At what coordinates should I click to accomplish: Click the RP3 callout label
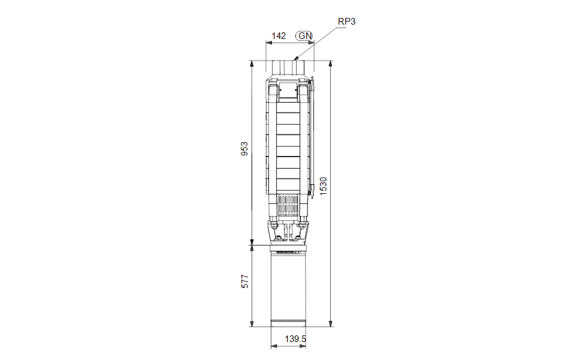pos(346,22)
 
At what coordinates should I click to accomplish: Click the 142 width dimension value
pos(279,36)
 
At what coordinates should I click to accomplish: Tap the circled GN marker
pos(304,36)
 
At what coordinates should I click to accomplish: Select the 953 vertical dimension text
pos(244,149)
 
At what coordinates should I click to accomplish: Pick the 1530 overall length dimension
pos(323,186)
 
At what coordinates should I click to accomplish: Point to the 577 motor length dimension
pos(245,281)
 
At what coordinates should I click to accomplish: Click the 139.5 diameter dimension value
pos(295,339)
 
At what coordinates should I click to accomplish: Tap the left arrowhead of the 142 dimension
pos(267,43)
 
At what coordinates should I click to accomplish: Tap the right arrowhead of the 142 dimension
pos(314,43)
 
